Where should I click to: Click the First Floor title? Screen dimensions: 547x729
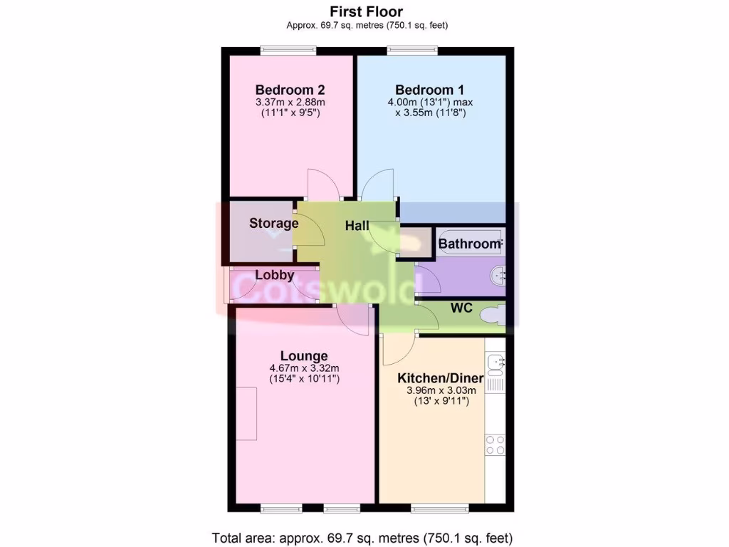click(367, 11)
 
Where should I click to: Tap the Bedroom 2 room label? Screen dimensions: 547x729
click(290, 90)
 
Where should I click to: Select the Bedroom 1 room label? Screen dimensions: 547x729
click(430, 90)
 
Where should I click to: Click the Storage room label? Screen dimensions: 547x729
click(273, 223)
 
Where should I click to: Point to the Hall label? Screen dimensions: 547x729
click(357, 226)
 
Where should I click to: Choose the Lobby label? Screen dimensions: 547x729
click(275, 275)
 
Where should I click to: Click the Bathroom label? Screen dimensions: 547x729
click(469, 244)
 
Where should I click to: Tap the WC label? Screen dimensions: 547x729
click(462, 308)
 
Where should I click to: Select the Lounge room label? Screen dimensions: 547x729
click(304, 355)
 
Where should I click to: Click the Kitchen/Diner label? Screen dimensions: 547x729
click(441, 377)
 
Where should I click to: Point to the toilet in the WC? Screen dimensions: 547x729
click(493, 313)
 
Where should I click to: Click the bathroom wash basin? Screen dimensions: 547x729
click(499, 273)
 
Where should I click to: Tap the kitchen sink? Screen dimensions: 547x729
click(495, 363)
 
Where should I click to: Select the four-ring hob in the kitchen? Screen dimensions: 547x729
click(495, 445)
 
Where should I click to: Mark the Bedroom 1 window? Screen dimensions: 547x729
click(412, 50)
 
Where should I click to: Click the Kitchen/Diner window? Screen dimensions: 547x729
click(440, 509)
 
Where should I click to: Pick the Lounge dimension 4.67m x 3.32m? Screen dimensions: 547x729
click(304, 368)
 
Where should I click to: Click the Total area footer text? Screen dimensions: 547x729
click(362, 537)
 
